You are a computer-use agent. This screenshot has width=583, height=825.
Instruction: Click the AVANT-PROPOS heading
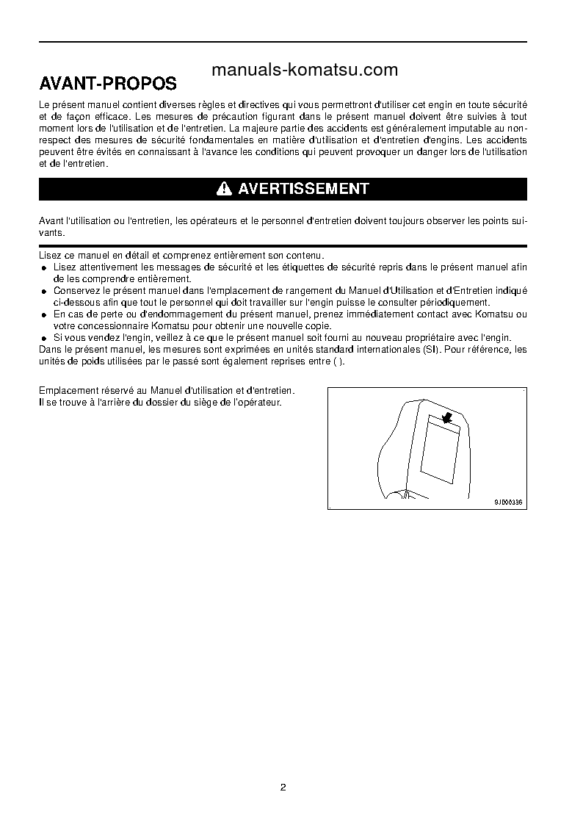[x=108, y=82]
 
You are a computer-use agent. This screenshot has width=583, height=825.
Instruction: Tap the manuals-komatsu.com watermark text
[x=304, y=70]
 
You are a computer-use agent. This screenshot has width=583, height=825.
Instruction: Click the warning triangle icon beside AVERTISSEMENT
[x=225, y=189]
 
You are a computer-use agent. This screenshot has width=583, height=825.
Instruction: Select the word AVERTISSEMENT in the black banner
[x=303, y=189]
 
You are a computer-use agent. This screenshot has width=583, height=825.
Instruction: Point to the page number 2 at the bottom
[x=283, y=788]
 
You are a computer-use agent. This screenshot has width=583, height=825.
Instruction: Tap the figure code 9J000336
[x=509, y=502]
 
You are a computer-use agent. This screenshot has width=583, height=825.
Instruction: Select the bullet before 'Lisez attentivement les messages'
[x=44, y=268]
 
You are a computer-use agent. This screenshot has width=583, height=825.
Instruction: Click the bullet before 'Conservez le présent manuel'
[x=44, y=292]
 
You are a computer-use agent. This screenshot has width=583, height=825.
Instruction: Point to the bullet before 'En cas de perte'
[x=44, y=315]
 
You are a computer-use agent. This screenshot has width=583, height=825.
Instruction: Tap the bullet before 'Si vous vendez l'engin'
[x=44, y=338]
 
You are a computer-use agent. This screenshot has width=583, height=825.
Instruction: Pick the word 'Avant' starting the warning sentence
[x=51, y=220]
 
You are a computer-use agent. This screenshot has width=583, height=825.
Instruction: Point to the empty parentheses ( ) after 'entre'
[x=338, y=361]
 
